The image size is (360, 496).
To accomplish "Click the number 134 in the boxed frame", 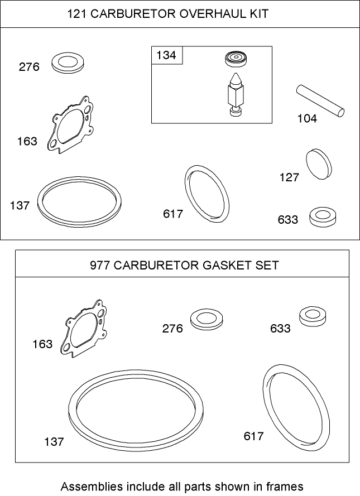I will tap(166, 55).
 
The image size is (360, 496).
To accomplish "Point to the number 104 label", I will tap(306, 119).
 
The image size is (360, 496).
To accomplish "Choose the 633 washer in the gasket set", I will tap(313, 316).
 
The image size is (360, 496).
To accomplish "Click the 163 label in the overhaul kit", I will tap(27, 141).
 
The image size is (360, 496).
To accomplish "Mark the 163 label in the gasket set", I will tap(42, 344).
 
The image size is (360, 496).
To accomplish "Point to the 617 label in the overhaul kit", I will tap(173, 214).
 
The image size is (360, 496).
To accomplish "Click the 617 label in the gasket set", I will tap(253, 436).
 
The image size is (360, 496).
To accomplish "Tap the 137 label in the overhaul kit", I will tap(20, 206).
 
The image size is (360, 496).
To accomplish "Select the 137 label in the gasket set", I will tap(54, 442).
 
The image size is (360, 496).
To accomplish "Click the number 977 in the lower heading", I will tap(100, 265).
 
